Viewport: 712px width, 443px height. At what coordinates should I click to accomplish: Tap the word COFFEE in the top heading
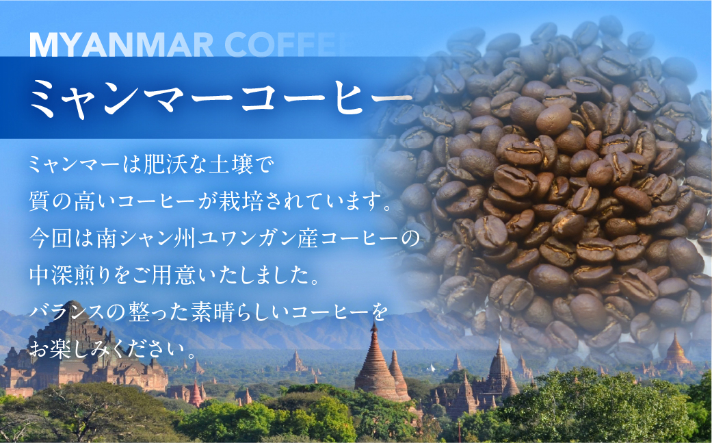[287, 45]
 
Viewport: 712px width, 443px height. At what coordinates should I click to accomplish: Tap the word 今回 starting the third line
[46, 241]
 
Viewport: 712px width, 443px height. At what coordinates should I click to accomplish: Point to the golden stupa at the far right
[676, 353]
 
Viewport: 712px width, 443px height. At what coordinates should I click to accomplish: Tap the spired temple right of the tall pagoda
[497, 373]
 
